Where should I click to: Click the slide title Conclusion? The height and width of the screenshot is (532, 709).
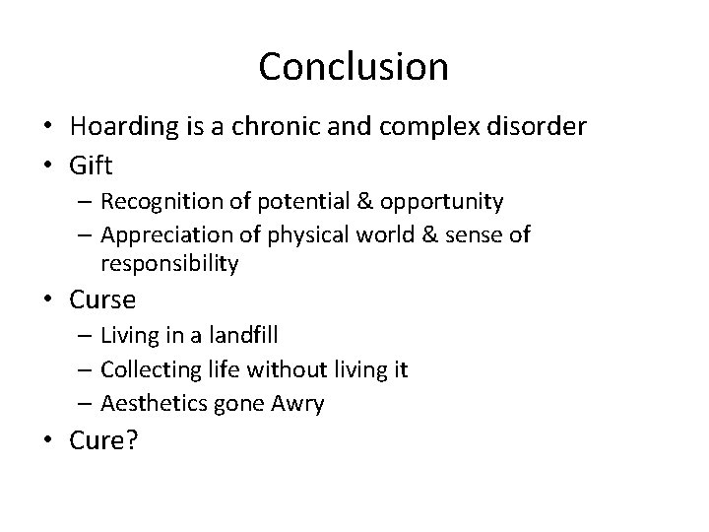(x=354, y=67)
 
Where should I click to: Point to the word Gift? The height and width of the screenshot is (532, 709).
(x=91, y=163)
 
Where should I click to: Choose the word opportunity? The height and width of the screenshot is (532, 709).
(x=446, y=202)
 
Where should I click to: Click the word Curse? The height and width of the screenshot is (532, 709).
(x=102, y=299)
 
